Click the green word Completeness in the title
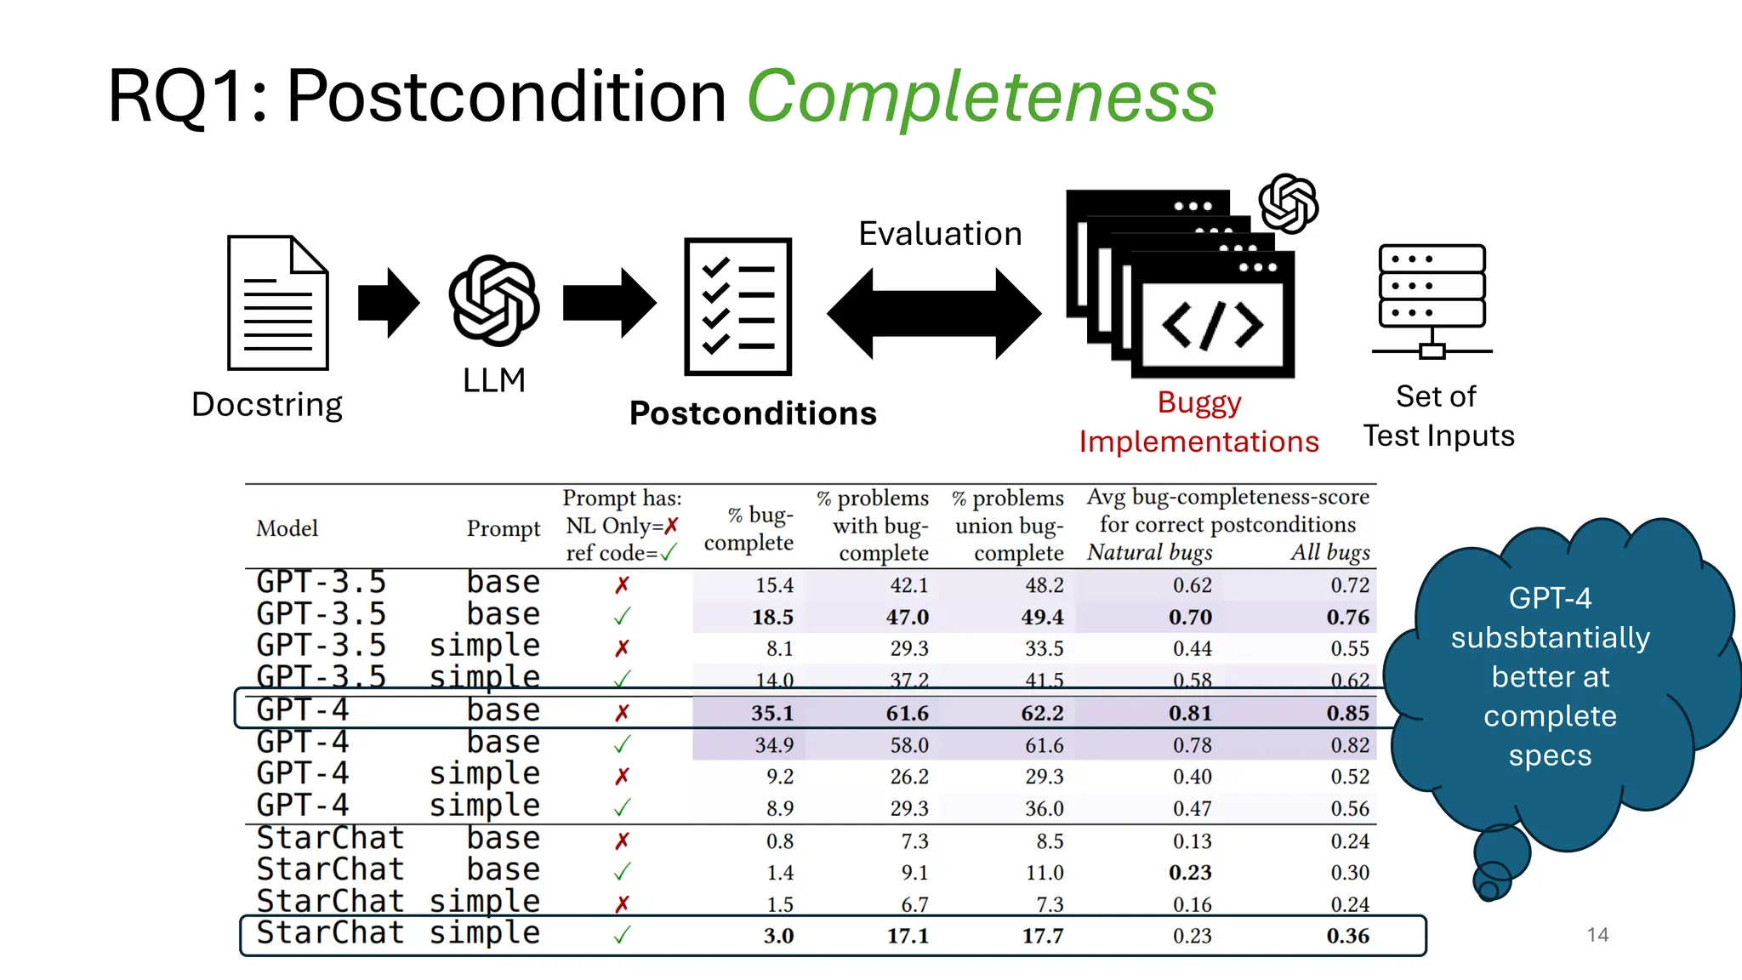click(x=982, y=97)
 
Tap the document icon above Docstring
click(x=277, y=303)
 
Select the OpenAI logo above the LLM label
click(x=493, y=300)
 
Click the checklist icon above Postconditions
click(x=738, y=306)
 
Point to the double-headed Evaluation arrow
click(x=934, y=313)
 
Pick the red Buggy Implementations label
click(x=1198, y=422)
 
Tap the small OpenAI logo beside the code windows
click(x=1289, y=203)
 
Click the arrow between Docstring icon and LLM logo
click(x=389, y=303)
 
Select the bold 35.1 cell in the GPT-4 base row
click(x=772, y=713)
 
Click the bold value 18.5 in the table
click(x=772, y=617)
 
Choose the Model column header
click(x=287, y=528)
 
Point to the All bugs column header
click(x=1330, y=553)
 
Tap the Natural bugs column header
click(x=1150, y=553)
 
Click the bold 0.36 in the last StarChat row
click(x=1348, y=936)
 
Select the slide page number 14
click(x=1597, y=935)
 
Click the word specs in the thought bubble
click(x=1550, y=755)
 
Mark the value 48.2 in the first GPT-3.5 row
click(x=1044, y=585)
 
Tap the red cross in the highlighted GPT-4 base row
click(x=623, y=713)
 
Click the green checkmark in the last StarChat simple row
click(x=623, y=935)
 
